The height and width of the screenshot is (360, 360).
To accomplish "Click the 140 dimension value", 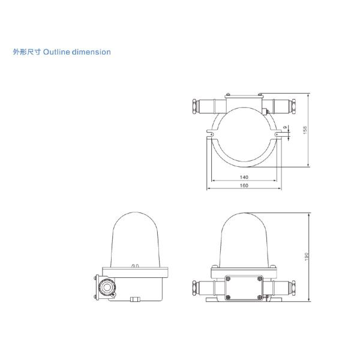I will pos(244,178).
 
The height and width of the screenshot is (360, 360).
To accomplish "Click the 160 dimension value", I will pos(244,186).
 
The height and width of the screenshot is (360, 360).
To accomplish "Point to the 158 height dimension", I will pos(305,131).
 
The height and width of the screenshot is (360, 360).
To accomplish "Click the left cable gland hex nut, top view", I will pos(194,106).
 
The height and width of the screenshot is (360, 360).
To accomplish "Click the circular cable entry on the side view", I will pos(109,287).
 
